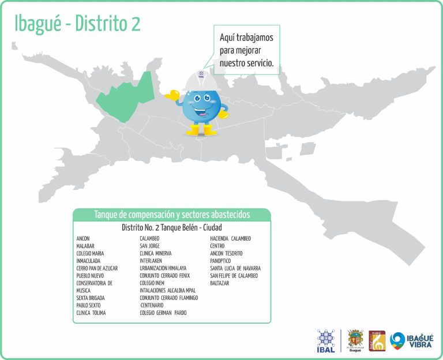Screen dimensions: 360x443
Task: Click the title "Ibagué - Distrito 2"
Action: (x=77, y=24)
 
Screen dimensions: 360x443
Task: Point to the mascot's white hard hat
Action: (x=200, y=81)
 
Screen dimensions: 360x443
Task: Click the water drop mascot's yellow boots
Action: (x=201, y=130)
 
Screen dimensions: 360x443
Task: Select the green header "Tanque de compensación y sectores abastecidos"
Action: (x=172, y=215)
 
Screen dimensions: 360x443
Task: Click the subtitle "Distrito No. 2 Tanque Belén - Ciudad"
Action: (x=172, y=227)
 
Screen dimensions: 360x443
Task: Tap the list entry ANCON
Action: (x=83, y=238)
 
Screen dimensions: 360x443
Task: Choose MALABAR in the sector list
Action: (x=85, y=246)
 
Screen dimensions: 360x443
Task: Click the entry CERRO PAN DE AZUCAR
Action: (x=97, y=268)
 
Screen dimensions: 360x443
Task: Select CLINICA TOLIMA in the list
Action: (x=91, y=313)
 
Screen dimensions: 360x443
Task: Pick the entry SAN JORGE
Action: (x=150, y=246)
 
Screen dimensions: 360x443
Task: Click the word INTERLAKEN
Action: (x=153, y=261)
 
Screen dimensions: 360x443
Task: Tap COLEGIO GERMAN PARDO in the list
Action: (x=163, y=313)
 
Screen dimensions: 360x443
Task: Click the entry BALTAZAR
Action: (x=220, y=283)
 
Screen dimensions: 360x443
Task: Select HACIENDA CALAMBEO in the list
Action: (x=230, y=238)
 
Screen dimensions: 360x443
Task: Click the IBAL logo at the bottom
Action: (x=326, y=341)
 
